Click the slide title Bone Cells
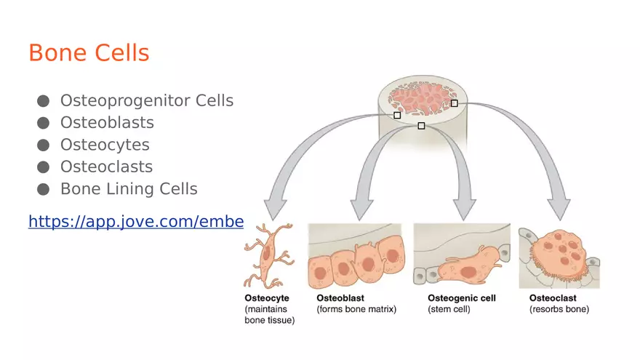click(x=89, y=53)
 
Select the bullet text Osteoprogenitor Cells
click(x=146, y=100)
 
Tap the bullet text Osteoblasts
click(x=107, y=122)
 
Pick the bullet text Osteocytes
click(x=105, y=145)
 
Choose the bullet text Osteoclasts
click(x=106, y=167)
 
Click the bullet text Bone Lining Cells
click(x=129, y=189)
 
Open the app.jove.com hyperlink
click(x=135, y=221)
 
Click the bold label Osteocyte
click(x=267, y=298)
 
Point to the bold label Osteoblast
click(x=340, y=298)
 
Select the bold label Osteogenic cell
click(x=461, y=298)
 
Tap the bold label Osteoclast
click(x=553, y=298)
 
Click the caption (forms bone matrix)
click(x=356, y=309)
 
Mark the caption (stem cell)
click(x=449, y=309)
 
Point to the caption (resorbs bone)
click(x=559, y=309)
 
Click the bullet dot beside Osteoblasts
click(x=43, y=123)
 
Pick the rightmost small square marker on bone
click(x=454, y=103)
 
